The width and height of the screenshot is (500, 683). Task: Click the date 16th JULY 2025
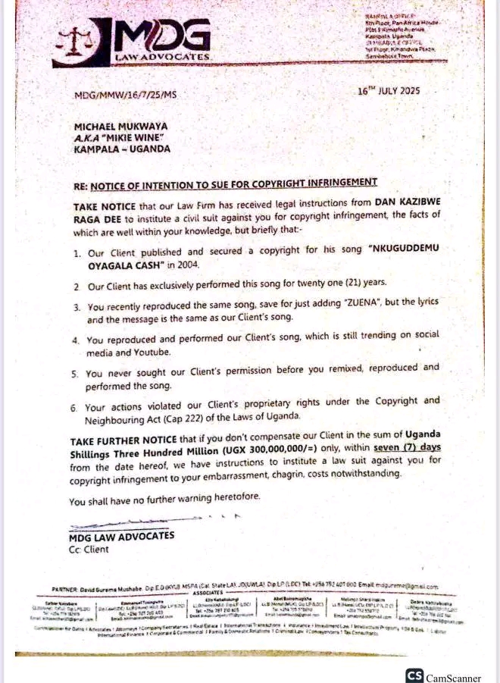click(388, 91)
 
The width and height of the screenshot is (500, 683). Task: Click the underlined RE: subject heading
click(225, 182)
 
